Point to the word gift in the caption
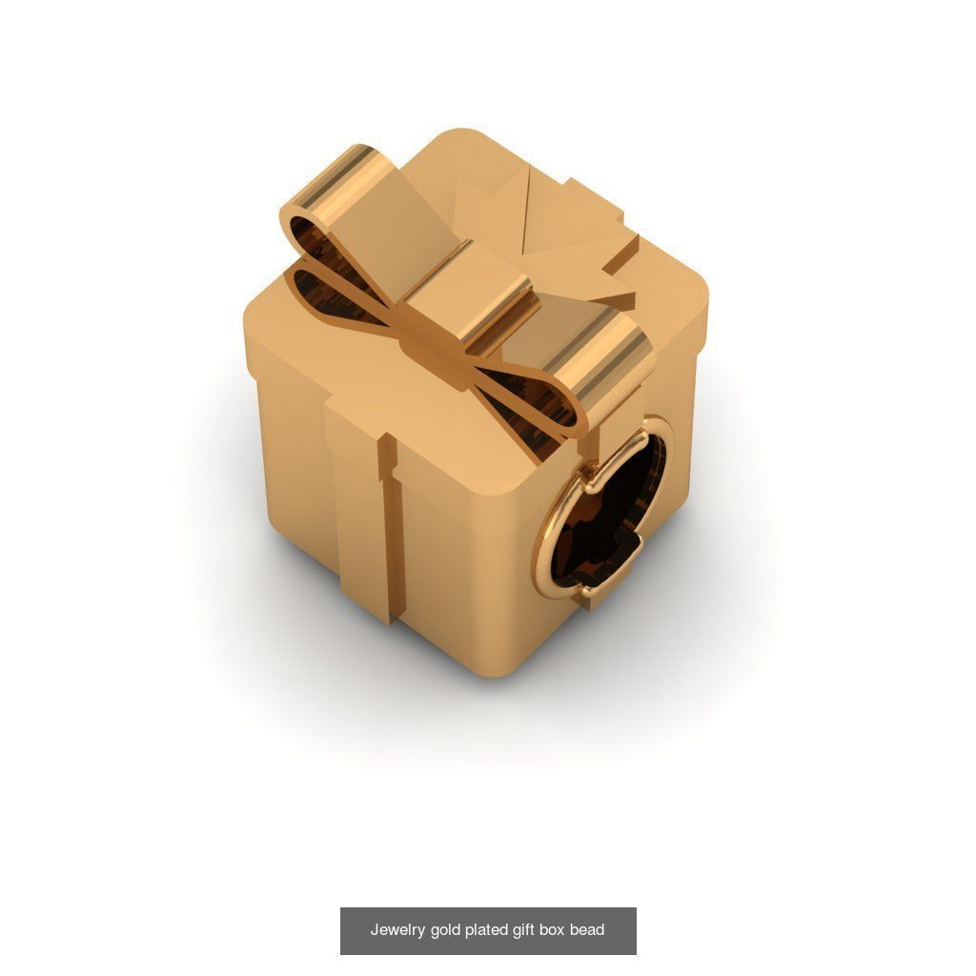coord(523,930)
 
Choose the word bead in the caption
coord(587,930)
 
